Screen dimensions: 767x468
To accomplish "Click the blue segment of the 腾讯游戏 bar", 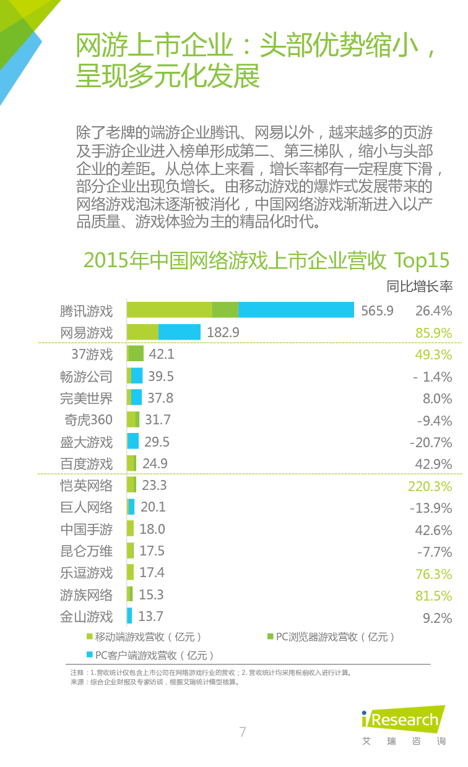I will point(296,310).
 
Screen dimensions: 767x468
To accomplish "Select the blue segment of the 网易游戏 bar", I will point(180,332).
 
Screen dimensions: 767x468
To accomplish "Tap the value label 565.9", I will point(377,311).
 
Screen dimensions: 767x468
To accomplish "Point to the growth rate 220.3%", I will point(430,486).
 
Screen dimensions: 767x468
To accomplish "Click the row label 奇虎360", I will point(89,420).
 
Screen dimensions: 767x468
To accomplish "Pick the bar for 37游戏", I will point(136,354).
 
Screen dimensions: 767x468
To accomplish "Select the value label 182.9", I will point(223,332).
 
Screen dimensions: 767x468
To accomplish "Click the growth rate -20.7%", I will point(431,442).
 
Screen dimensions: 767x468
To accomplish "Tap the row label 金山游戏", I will point(87,617).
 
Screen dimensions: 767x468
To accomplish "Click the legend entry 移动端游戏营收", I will point(147,636).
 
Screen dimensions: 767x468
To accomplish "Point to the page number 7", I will point(243,732).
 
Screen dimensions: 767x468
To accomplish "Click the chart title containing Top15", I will point(266,260).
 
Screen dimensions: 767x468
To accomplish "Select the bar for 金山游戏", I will point(129,616).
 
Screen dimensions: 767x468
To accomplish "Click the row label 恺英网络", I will point(87,486).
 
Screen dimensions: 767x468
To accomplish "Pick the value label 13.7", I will point(150,616).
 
